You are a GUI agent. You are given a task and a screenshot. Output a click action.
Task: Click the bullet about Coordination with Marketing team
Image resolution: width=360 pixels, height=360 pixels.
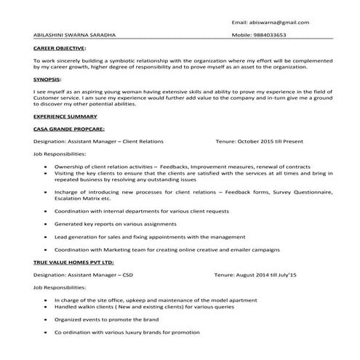[x=167, y=249]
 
